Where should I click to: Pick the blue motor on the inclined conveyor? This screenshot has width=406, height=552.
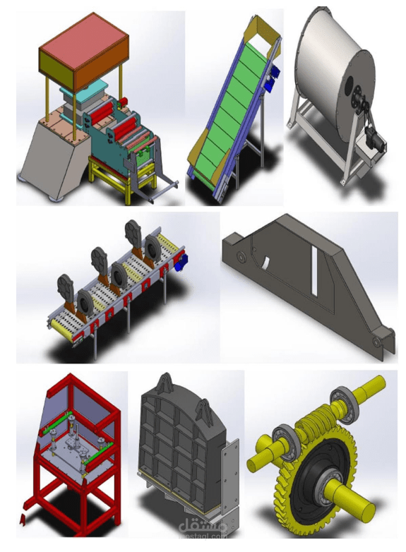coord(274,73)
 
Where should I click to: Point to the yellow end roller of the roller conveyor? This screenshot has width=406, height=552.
coord(57,324)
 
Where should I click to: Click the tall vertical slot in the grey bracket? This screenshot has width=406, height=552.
coord(313,271)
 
